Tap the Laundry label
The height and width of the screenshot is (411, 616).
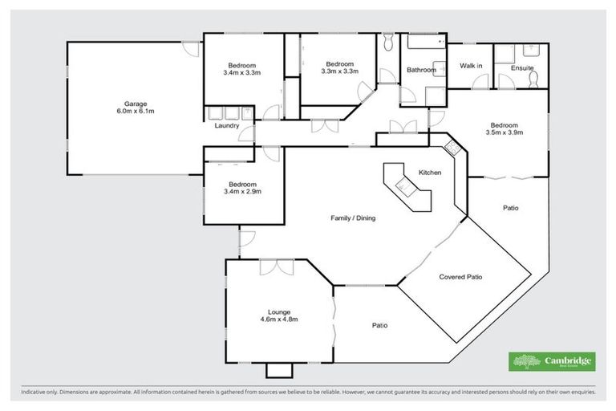tap(227, 126)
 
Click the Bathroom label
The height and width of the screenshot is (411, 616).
tap(421, 70)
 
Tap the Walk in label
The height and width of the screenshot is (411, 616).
tap(470, 66)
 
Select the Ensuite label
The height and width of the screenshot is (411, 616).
tap(522, 69)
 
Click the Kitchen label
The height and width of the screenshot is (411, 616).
tap(431, 173)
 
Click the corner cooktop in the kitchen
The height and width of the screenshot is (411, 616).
tap(452, 148)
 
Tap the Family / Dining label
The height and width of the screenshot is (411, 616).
tap(353, 218)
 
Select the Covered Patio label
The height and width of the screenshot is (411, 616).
tap(465, 276)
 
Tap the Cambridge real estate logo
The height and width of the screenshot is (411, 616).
tap(552, 361)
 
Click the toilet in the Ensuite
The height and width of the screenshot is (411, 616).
tap(535, 77)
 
